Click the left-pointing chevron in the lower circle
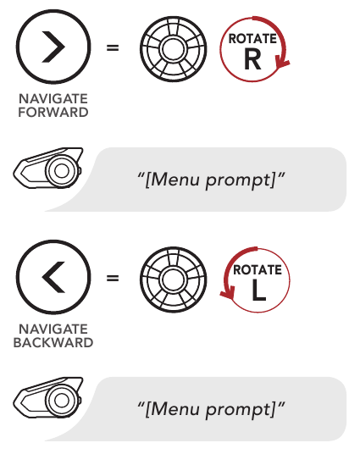pyautogui.click(x=53, y=277)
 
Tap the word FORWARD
pyautogui.click(x=53, y=113)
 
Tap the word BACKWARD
pyautogui.click(x=53, y=342)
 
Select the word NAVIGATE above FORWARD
pyautogui.click(x=53, y=99)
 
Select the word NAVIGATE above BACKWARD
pyautogui.click(x=53, y=329)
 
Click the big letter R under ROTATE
pyautogui.click(x=252, y=59)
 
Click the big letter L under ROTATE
pyautogui.click(x=258, y=290)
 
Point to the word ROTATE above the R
pyautogui.click(x=252, y=39)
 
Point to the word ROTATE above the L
pyautogui.click(x=258, y=269)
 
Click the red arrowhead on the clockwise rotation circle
pyautogui.click(x=282, y=64)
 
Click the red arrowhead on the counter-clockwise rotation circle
pyautogui.click(x=228, y=293)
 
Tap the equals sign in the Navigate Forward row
pyautogui.click(x=113, y=47)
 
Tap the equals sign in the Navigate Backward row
pyautogui.click(x=113, y=278)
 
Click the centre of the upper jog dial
pyautogui.click(x=174, y=49)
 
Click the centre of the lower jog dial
pyautogui.click(x=174, y=280)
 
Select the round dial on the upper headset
pyautogui.click(x=61, y=171)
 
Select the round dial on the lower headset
pyautogui.click(x=61, y=401)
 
